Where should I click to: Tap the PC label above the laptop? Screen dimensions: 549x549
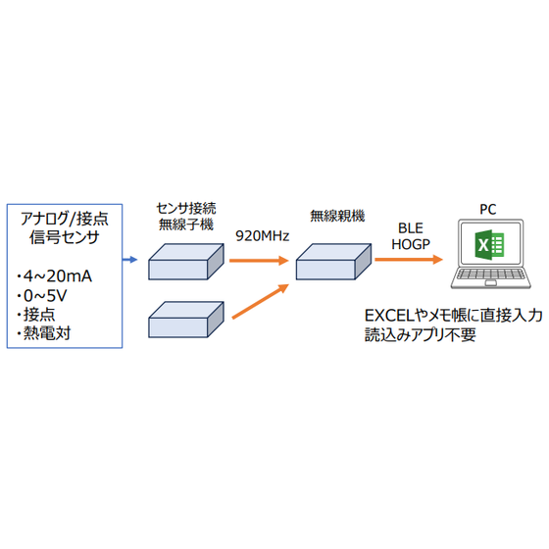tap(487, 209)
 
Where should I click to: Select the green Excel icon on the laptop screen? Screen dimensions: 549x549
tap(487, 248)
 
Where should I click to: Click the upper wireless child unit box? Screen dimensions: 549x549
tap(186, 260)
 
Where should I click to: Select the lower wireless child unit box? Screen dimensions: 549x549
tap(186, 320)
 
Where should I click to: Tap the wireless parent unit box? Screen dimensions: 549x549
tap(333, 259)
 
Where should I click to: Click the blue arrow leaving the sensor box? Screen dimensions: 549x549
tap(129, 261)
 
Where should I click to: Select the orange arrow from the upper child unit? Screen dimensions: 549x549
tap(259, 261)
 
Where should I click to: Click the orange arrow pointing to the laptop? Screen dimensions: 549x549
tap(406, 261)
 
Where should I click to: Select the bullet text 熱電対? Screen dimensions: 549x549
tap(49, 334)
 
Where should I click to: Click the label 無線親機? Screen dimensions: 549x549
tap(333, 216)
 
